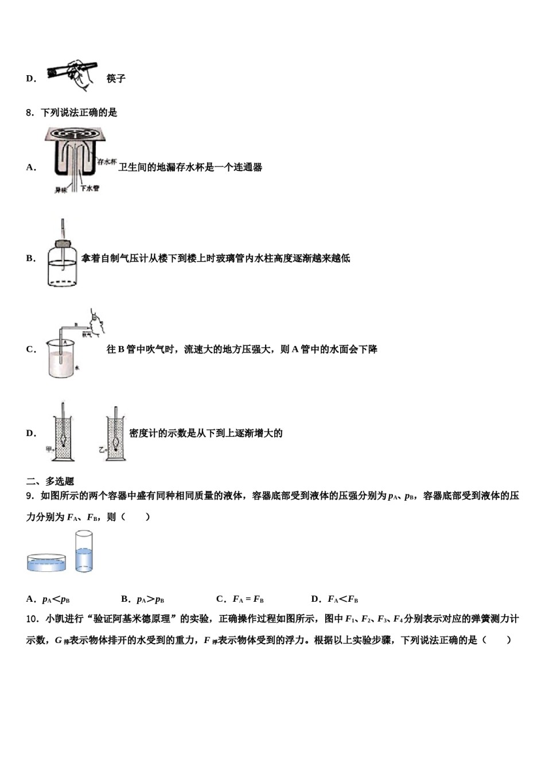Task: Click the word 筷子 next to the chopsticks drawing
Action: click(x=116, y=79)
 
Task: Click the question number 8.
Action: click(x=29, y=112)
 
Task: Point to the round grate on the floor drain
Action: click(x=76, y=134)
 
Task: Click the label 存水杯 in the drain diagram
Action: click(x=107, y=162)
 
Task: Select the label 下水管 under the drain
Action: click(x=90, y=188)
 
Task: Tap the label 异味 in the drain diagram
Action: click(x=61, y=189)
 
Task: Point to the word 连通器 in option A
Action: click(x=248, y=168)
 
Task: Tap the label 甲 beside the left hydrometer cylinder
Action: click(x=49, y=449)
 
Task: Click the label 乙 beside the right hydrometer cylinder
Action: click(x=102, y=450)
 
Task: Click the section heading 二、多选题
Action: click(x=50, y=481)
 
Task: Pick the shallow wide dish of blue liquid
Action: click(x=46, y=562)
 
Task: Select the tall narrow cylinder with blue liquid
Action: click(x=84, y=551)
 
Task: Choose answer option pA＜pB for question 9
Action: click(x=56, y=599)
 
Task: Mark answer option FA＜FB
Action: click(x=342, y=599)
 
